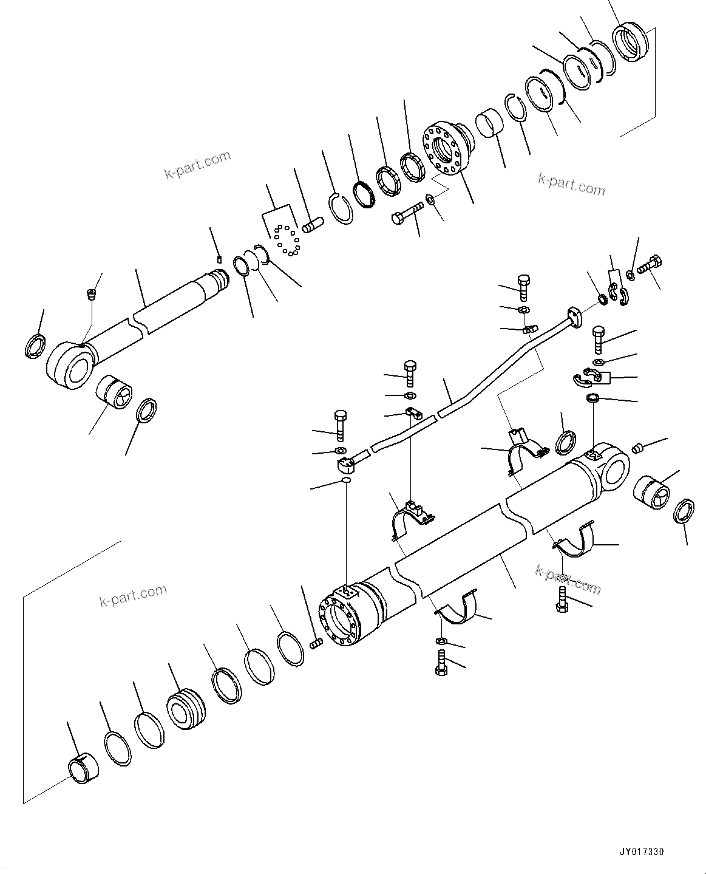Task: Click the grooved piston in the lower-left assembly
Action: click(186, 708)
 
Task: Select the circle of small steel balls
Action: click(285, 239)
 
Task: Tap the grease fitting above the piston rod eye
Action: click(92, 295)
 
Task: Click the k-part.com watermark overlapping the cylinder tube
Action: click(568, 579)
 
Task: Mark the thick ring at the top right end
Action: click(630, 44)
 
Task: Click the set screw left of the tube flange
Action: click(315, 644)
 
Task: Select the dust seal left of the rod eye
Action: click(35, 346)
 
